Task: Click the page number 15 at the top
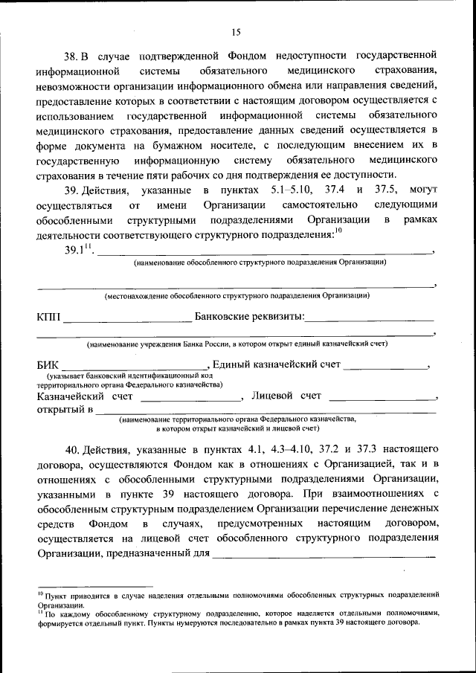(237, 31)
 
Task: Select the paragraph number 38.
(71, 56)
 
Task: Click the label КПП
(49, 318)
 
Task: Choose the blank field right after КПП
(127, 319)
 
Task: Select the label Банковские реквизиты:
(249, 318)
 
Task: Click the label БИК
(49, 365)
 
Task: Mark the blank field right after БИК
(135, 367)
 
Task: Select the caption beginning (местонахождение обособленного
(237, 296)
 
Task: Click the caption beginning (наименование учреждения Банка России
(237, 344)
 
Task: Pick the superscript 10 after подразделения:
(338, 231)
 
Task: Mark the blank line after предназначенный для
(324, 554)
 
